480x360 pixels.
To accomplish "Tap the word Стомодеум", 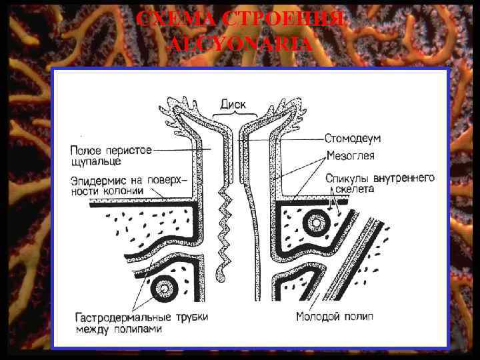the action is pos(353,139).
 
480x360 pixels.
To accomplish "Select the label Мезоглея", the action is pos(351,156).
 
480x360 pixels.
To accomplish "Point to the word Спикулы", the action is pos(349,178).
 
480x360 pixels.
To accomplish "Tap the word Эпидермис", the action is pos(96,179).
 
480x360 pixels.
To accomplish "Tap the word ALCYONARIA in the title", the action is pos(241,45).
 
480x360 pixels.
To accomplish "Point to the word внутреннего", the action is pos(404,178).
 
